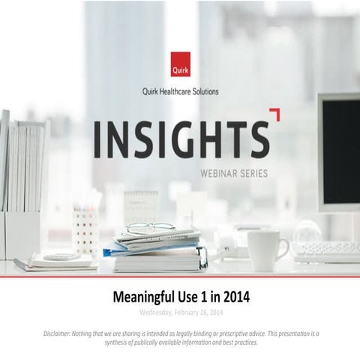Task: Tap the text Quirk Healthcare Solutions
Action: [x=179, y=92]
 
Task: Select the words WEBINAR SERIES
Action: [x=233, y=172]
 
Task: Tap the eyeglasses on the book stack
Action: [x=150, y=229]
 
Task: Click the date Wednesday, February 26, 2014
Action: [x=180, y=311]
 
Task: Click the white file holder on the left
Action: [x=21, y=187]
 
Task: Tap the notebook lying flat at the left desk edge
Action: [x=56, y=262]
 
